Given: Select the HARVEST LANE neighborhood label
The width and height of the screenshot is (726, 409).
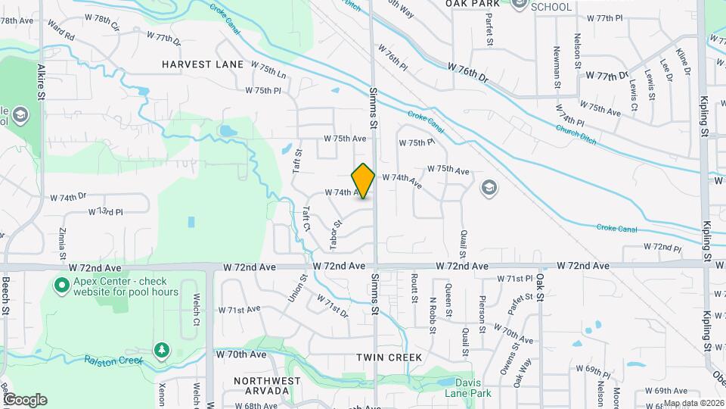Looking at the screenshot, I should pyautogui.click(x=203, y=64).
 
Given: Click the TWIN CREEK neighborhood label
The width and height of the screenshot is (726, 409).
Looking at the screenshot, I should pyautogui.click(x=388, y=356).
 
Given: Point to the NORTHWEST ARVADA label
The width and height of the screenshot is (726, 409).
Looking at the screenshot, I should pyautogui.click(x=262, y=385).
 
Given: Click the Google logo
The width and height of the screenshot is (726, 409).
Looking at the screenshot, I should pyautogui.click(x=25, y=399).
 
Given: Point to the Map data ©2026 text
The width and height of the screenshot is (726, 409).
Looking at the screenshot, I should pyautogui.click(x=693, y=403).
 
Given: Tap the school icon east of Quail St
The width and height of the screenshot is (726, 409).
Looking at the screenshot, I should pyautogui.click(x=489, y=188).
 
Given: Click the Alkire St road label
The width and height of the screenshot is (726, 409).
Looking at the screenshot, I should pyautogui.click(x=41, y=76).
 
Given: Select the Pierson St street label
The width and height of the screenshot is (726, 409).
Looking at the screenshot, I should pyautogui.click(x=482, y=311).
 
